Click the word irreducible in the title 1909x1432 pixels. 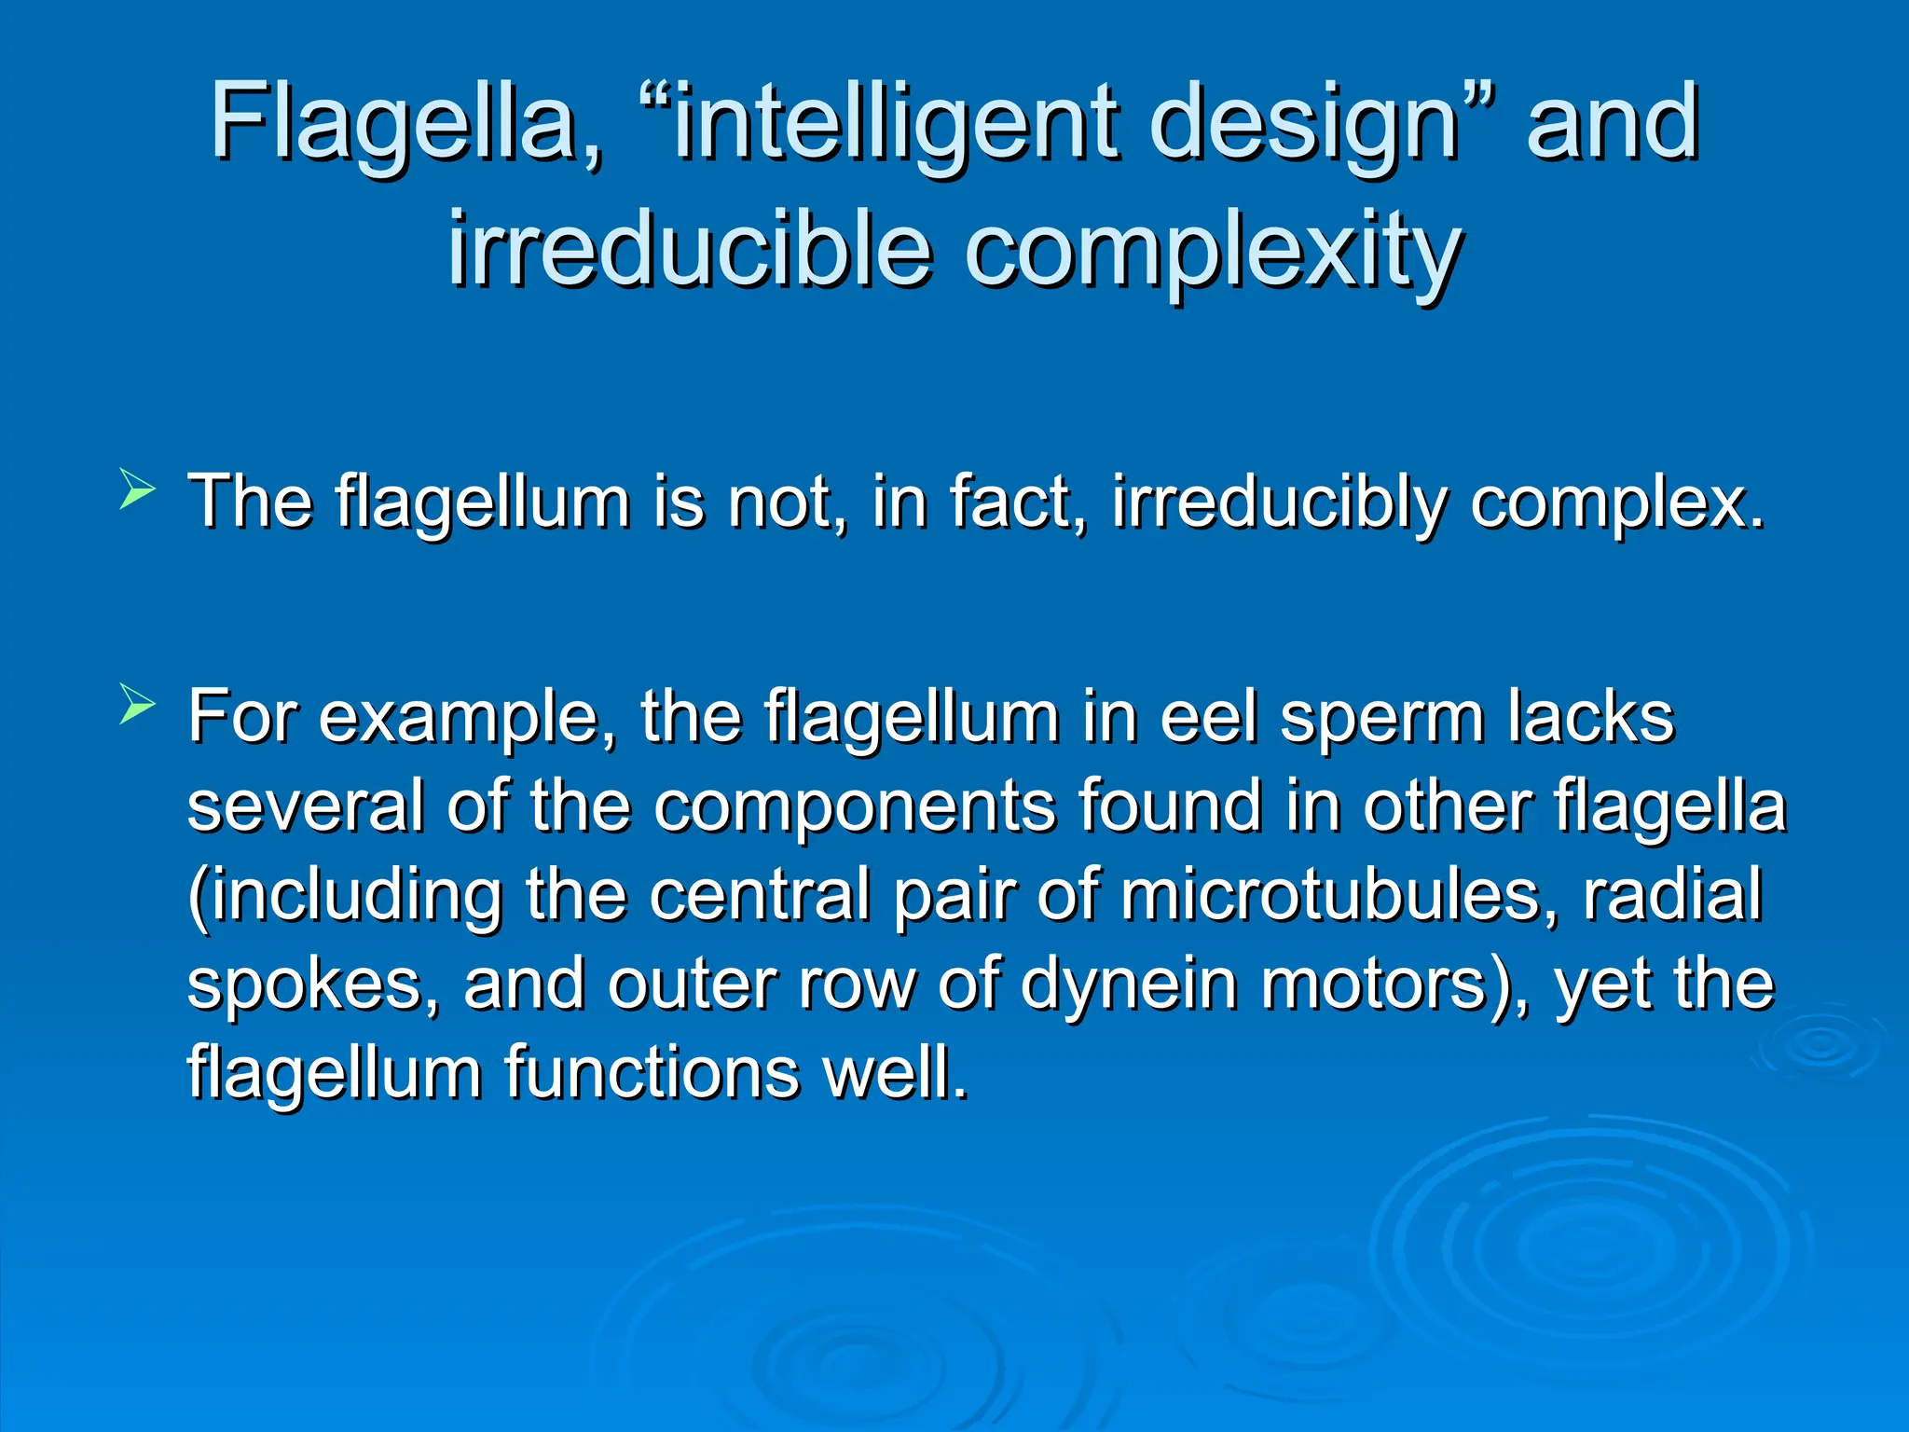pos(690,250)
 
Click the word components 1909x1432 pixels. pos(854,807)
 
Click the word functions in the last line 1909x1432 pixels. pos(652,1072)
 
